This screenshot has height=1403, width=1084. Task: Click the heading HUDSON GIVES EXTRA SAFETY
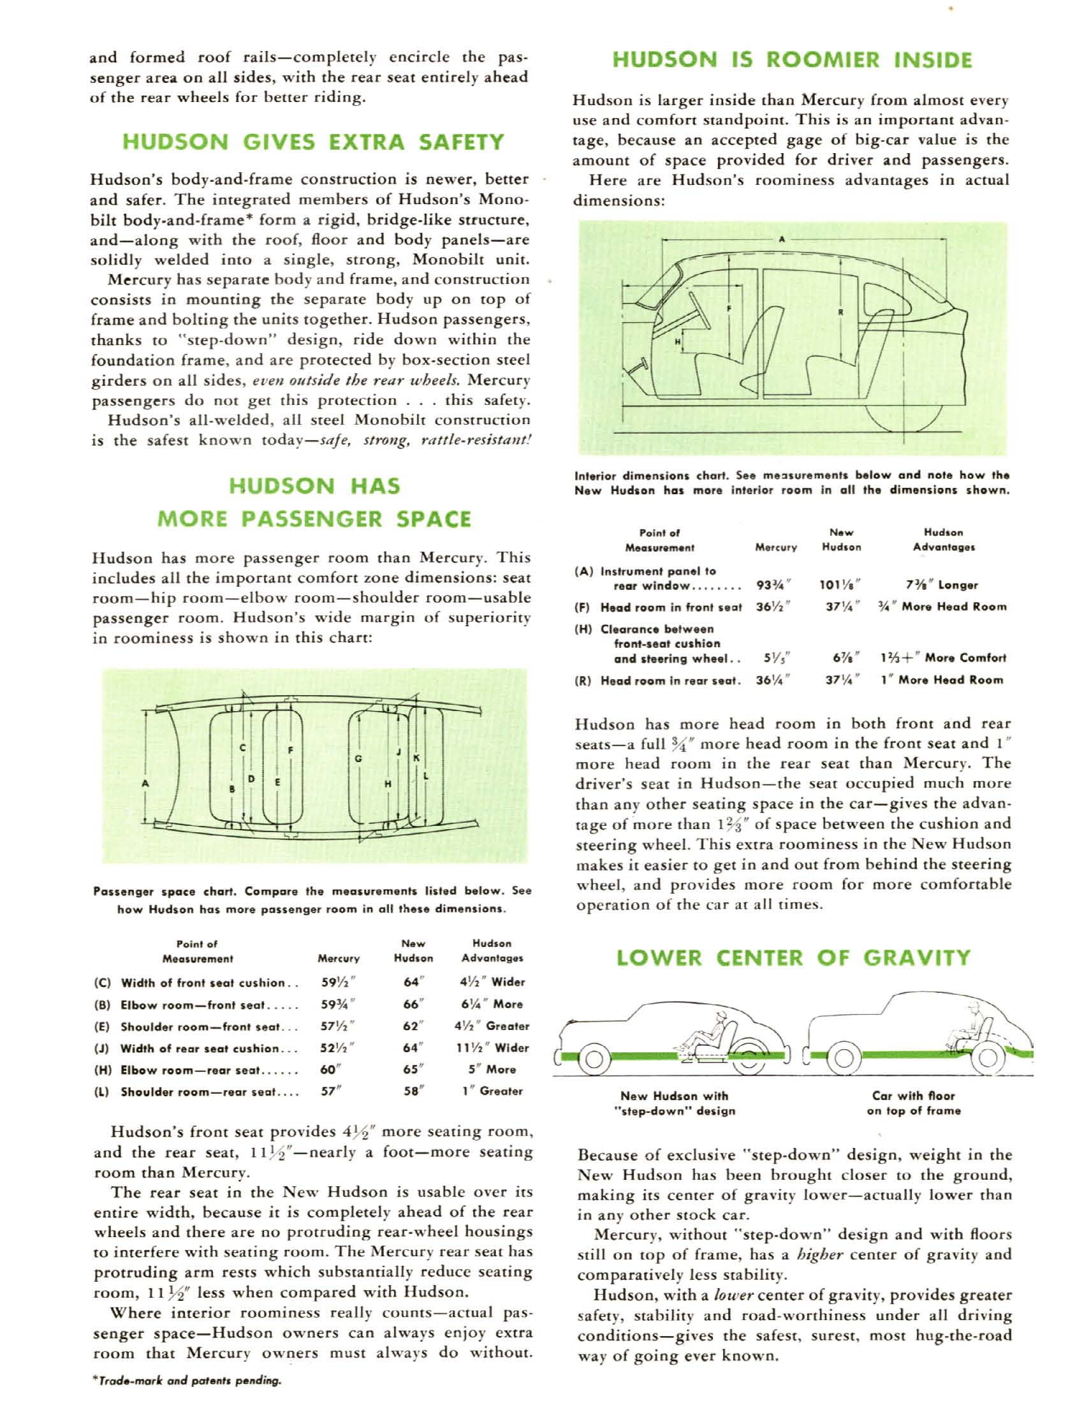pyautogui.click(x=312, y=142)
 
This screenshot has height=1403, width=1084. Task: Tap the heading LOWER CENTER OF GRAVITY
pyautogui.click(x=793, y=958)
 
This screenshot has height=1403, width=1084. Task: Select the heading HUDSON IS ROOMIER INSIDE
pyautogui.click(x=793, y=61)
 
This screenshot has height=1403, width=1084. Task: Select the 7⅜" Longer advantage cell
pyautogui.click(x=942, y=585)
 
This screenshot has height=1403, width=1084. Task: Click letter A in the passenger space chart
pyautogui.click(x=145, y=782)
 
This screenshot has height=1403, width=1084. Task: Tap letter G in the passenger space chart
pyautogui.click(x=358, y=759)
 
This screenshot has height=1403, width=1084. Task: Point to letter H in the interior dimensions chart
pyautogui.click(x=677, y=342)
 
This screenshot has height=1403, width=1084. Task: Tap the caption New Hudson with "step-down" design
pyautogui.click(x=674, y=1103)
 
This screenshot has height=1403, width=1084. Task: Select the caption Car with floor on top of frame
pyautogui.click(x=913, y=1103)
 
